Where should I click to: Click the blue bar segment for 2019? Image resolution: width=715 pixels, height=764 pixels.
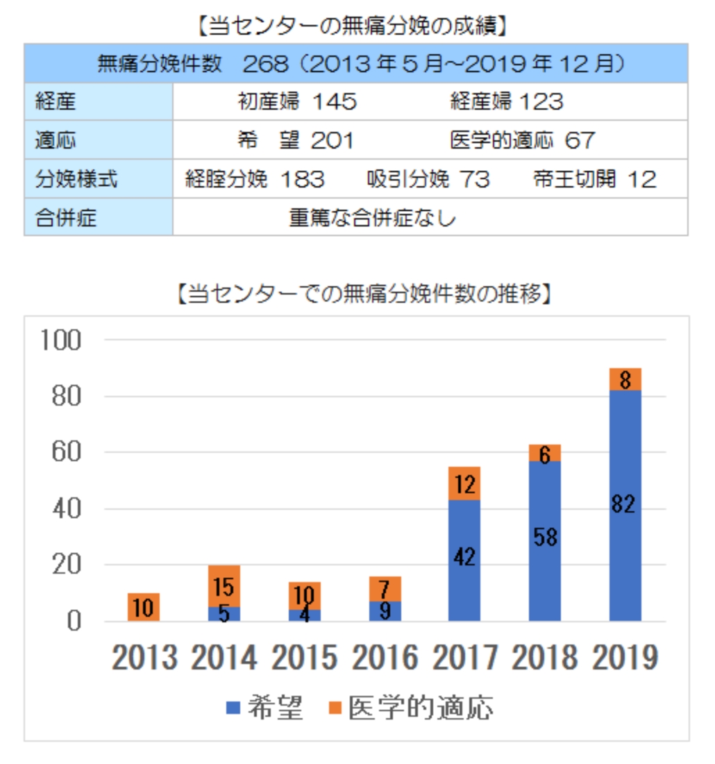(x=625, y=505)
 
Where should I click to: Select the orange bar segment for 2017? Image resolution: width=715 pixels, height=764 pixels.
(x=464, y=483)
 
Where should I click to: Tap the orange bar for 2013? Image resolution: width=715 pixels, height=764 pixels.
(x=144, y=607)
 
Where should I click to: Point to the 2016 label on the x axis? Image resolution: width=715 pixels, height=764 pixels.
(x=385, y=657)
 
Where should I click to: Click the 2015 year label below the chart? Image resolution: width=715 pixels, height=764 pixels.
(x=304, y=657)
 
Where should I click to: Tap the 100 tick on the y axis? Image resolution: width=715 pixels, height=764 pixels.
(x=61, y=340)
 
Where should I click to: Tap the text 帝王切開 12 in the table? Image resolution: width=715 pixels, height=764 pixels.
(x=594, y=180)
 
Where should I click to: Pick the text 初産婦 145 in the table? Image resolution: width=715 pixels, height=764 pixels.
(x=297, y=102)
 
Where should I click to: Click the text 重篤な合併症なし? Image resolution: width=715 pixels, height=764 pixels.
(x=373, y=218)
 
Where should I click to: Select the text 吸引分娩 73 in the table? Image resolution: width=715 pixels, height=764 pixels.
(x=428, y=180)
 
